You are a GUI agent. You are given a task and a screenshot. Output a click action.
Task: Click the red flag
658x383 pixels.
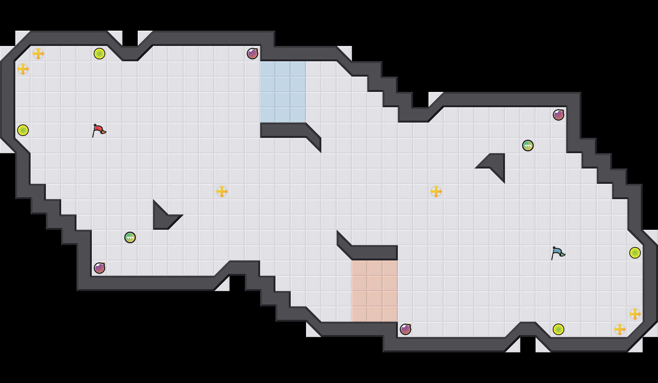click(99, 130)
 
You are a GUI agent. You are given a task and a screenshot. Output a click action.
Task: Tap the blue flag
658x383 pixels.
click(558, 253)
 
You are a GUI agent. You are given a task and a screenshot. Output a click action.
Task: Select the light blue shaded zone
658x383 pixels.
click(283, 92)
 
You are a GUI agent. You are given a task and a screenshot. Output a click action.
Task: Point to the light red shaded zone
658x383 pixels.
click(375, 291)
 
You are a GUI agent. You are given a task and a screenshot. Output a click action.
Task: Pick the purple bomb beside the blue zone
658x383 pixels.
click(252, 54)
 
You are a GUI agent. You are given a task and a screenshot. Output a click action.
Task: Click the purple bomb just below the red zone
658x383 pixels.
click(406, 329)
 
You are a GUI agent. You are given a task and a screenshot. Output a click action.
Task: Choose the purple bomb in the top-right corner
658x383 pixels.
click(559, 115)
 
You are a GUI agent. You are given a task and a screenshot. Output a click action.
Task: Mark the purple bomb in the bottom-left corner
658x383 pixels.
click(99, 268)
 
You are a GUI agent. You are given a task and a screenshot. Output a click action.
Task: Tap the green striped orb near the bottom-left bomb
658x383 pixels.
click(130, 237)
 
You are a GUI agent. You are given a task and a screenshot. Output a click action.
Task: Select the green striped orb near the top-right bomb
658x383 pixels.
click(528, 146)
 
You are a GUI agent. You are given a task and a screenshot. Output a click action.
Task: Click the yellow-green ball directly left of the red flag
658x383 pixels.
click(23, 130)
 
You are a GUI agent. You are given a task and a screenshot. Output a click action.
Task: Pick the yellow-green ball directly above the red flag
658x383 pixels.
click(99, 54)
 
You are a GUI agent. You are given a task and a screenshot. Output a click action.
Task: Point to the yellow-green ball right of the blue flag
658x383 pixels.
click(635, 253)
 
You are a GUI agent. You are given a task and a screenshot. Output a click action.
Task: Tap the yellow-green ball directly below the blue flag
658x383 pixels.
click(559, 329)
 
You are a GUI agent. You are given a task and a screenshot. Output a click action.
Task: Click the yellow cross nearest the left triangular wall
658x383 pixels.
click(222, 191)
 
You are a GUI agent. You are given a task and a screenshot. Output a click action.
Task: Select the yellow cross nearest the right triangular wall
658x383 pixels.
click(436, 191)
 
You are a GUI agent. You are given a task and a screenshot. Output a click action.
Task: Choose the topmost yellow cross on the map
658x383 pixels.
click(38, 54)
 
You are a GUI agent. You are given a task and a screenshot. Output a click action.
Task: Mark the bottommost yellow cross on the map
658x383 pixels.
click(620, 329)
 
